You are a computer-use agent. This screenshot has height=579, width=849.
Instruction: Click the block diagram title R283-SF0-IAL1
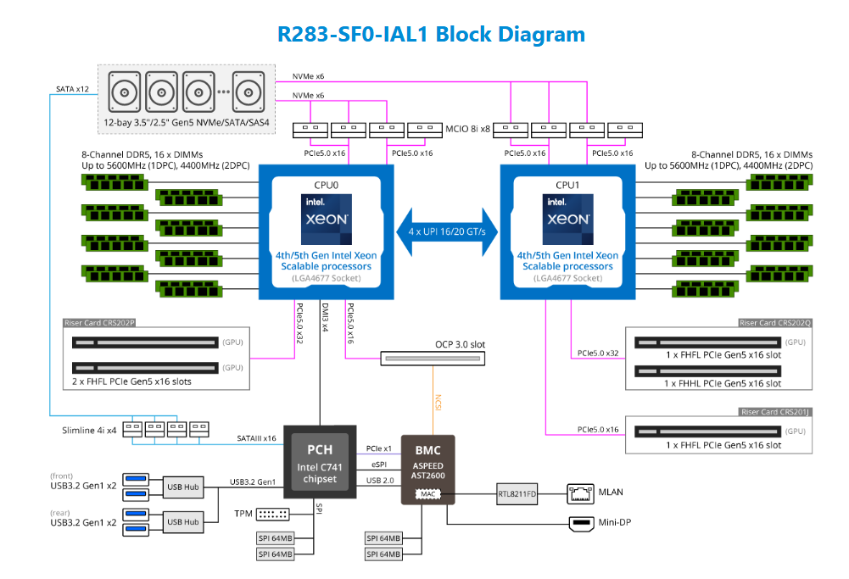point(431,35)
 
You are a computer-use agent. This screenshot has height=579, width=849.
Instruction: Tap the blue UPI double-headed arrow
point(446,231)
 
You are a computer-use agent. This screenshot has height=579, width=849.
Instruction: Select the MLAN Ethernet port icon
point(579,493)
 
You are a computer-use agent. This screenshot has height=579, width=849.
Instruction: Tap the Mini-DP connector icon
point(582,523)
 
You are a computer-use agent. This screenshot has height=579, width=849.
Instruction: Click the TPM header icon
point(272,514)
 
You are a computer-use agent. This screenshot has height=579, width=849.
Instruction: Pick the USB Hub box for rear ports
point(183,521)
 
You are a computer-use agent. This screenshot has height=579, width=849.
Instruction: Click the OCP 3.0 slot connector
point(432,359)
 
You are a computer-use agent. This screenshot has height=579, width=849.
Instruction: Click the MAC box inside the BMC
point(429,492)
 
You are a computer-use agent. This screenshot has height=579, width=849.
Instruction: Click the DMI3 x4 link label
point(325,317)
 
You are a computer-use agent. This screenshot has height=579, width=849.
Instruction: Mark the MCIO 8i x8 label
point(467,130)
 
